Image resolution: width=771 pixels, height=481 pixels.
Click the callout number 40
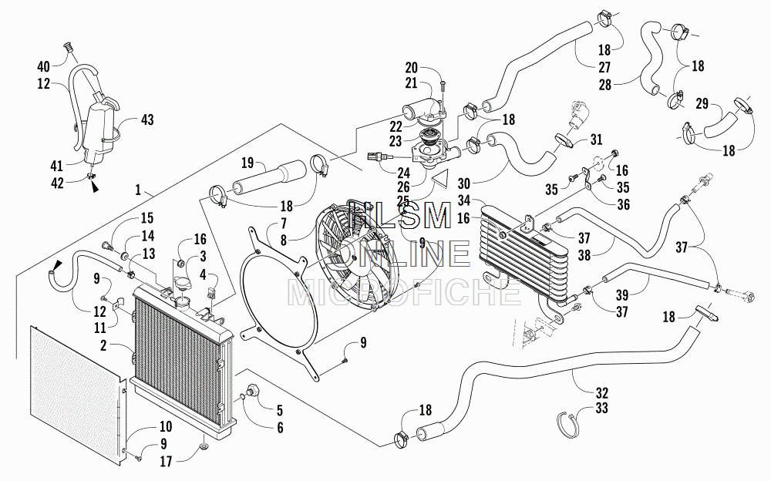pos(44,66)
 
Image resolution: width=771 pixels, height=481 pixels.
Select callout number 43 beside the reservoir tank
pos(147,119)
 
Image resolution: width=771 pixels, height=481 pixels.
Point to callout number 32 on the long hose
pos(602,393)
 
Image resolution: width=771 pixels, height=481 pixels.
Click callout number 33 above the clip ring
pos(602,409)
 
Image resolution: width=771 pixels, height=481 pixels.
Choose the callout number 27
pos(604,67)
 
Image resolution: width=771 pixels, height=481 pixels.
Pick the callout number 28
pos(604,85)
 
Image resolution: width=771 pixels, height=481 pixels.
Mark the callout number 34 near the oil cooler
pos(464,200)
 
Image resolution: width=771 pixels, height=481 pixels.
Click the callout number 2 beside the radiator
pos(103,346)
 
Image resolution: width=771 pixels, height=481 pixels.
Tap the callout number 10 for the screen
pos(166,427)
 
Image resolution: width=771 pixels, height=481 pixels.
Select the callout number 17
pos(166,461)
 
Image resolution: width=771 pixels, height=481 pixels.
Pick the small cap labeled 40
pos(69,48)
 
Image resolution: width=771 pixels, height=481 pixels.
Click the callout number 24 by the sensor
pos(404,173)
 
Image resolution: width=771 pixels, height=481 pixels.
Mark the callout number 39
pos(622,295)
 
